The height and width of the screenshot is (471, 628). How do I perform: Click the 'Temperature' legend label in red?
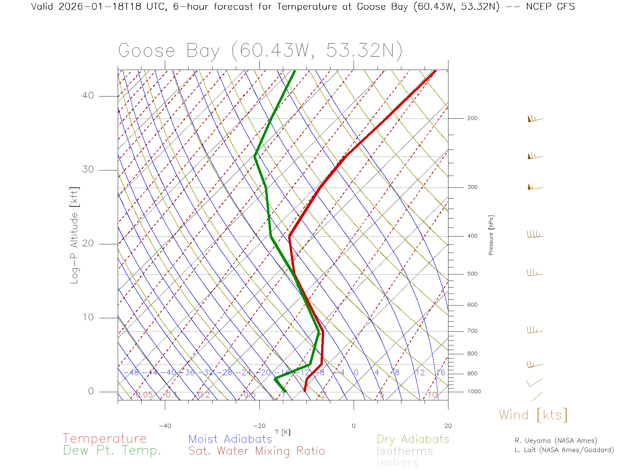(x=104, y=438)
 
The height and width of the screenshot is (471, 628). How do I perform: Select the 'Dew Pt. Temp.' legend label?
(x=112, y=451)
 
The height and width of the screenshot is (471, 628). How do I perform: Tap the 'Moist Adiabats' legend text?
(x=230, y=439)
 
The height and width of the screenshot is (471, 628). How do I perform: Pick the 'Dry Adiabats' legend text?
(x=413, y=439)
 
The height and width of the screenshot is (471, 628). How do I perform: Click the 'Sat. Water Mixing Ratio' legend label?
(x=256, y=451)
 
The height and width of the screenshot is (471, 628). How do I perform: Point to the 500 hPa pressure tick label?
(x=472, y=274)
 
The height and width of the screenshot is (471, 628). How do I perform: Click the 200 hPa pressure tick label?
(x=472, y=118)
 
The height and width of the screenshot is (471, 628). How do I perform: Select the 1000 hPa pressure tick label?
(x=474, y=392)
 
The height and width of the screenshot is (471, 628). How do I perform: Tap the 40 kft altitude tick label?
(x=88, y=96)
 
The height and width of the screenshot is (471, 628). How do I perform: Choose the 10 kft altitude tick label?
(x=88, y=317)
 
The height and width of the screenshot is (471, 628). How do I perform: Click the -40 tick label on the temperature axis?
(x=165, y=426)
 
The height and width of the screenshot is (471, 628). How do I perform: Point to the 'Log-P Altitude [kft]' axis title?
(x=75, y=235)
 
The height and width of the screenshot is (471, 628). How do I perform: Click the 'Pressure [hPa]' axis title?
(x=491, y=235)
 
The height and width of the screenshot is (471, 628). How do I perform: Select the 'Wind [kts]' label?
(x=533, y=415)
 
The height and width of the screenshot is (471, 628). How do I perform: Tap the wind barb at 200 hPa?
(x=534, y=119)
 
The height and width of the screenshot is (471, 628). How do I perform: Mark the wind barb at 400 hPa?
(x=534, y=235)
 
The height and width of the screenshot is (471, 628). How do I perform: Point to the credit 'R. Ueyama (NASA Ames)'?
(x=556, y=441)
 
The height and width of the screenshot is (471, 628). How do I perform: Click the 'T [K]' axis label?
(x=283, y=432)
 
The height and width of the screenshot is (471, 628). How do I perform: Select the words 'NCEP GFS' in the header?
(x=550, y=7)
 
